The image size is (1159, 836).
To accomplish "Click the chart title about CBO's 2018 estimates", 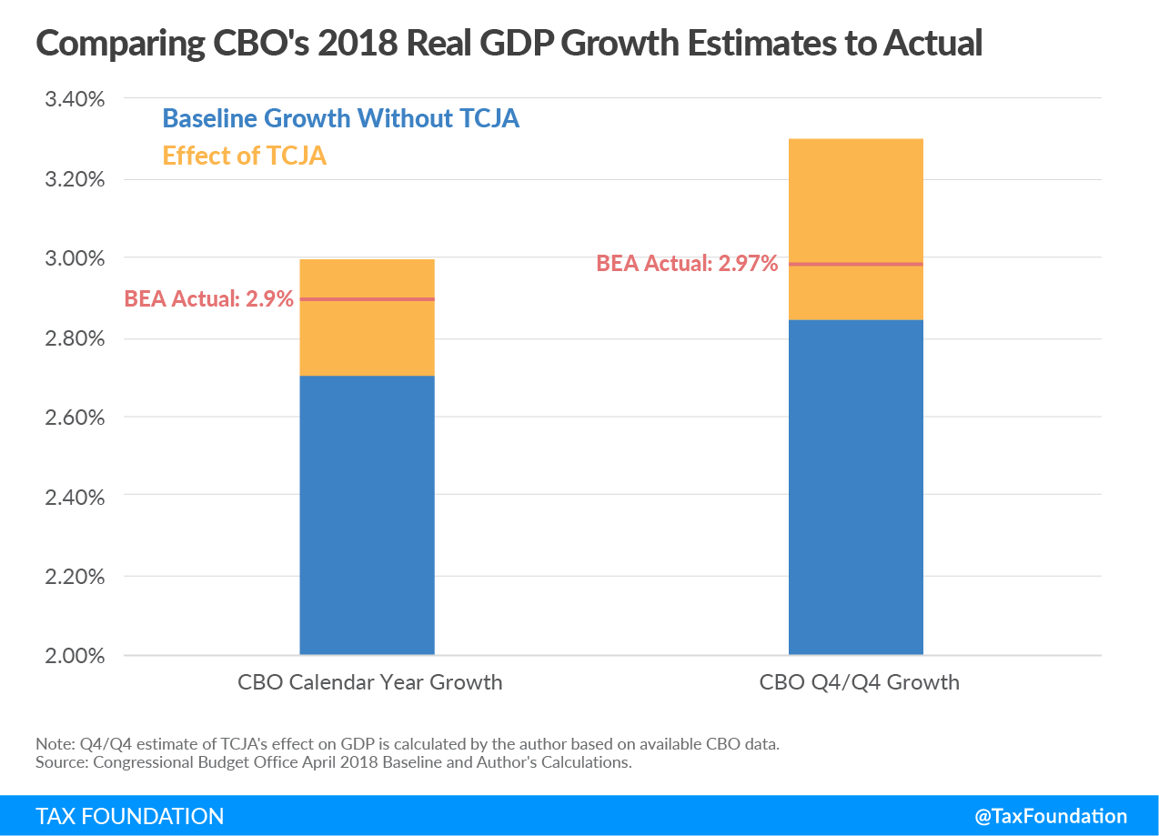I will tap(509, 42).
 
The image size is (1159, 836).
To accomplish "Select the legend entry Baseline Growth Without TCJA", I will tap(340, 118).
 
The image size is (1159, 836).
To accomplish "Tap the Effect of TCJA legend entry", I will tap(244, 156).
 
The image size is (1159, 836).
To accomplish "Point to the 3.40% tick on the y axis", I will tap(76, 99).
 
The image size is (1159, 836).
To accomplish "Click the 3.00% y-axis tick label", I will tap(76, 258).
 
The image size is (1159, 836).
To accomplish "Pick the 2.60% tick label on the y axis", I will tap(76, 418).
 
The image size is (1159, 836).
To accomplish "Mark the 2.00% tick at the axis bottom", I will tap(76, 656).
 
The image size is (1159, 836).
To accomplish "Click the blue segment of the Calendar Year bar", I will tap(367, 514).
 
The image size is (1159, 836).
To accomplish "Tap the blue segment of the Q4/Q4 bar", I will tap(855, 487).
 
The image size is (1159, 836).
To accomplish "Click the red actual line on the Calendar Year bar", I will tap(367, 299).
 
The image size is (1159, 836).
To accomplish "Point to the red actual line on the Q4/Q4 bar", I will tap(855, 264).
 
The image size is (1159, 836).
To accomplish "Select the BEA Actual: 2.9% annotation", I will tap(208, 298).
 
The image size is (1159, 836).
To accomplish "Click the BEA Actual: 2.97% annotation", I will tap(687, 264).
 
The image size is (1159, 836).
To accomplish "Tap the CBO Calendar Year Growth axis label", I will tap(369, 682).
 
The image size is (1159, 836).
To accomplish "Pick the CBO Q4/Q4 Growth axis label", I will tap(859, 682).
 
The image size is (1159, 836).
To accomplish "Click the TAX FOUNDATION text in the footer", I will tap(129, 816).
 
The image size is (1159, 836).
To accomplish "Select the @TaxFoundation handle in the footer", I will tap(1051, 816).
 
